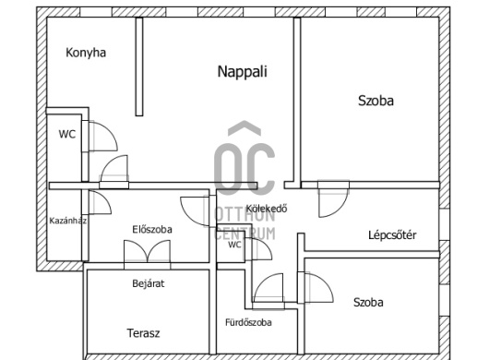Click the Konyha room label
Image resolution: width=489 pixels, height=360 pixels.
coord(86,53)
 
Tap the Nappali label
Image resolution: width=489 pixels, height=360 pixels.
coord(243,71)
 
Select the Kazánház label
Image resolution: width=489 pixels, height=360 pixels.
coord(68,221)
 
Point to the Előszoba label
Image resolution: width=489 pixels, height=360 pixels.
coord(152,229)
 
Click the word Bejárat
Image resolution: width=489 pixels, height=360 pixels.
coord(149,283)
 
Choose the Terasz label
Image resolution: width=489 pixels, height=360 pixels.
coord(143,333)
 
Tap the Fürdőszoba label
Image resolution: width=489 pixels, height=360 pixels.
coord(248,322)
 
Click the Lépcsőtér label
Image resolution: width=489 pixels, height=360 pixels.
coord(392,234)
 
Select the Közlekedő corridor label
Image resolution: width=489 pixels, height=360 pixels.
coord(267,209)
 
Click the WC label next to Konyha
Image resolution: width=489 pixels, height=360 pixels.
coord(67,134)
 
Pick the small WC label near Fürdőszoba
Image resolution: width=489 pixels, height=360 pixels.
coord(234,245)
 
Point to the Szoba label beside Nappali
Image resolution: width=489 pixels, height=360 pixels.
coord(376,101)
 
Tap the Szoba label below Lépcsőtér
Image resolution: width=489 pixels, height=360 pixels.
coord(368,302)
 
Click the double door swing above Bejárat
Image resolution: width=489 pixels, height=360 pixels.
coord(148,250)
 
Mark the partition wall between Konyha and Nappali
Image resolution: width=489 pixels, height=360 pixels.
coord(139,66)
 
